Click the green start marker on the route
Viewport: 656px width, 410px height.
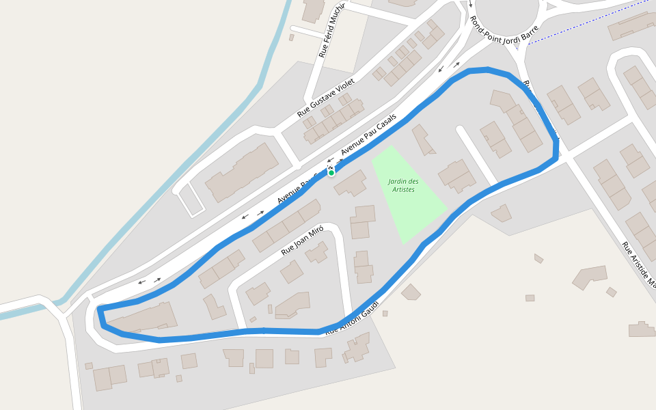331,173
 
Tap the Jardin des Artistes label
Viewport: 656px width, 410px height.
403,185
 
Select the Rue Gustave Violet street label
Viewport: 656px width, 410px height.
327,97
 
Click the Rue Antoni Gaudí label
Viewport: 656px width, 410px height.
353,317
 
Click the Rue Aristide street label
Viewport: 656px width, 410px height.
638,264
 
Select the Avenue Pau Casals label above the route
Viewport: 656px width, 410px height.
368,134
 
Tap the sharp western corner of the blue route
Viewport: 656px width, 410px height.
100,310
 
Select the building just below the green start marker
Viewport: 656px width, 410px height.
351,183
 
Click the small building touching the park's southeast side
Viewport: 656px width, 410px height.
502,214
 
